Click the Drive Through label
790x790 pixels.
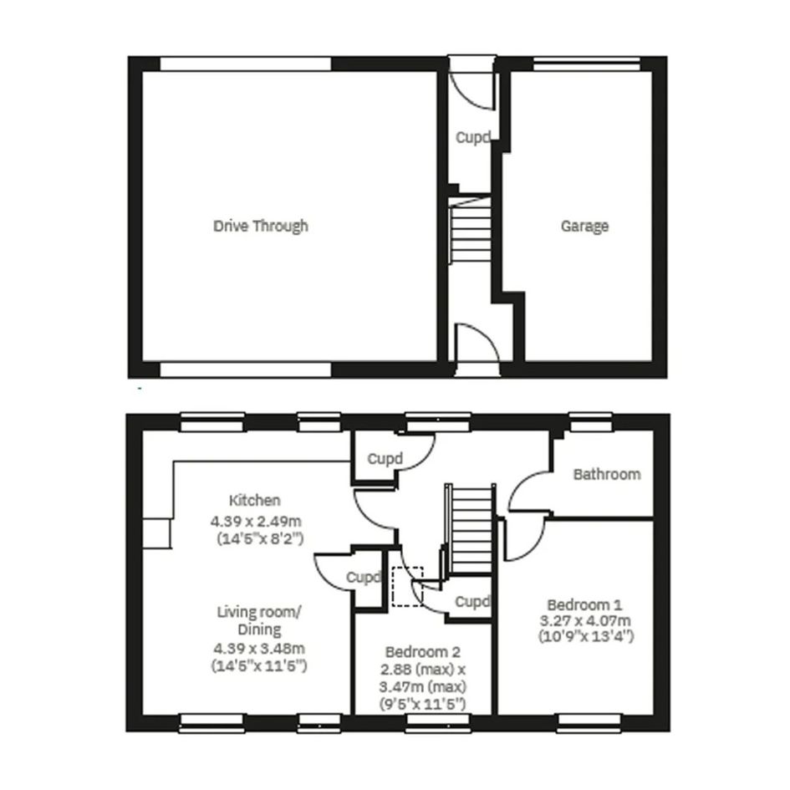click(x=261, y=226)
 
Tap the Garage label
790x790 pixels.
click(x=584, y=227)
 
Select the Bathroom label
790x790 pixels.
click(x=607, y=474)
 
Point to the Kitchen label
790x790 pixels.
click(x=254, y=500)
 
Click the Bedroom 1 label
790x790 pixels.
click(x=584, y=604)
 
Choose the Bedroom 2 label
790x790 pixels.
click(x=423, y=652)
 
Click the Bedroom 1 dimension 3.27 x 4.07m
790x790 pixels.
click(x=585, y=620)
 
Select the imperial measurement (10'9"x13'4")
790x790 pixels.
click(x=586, y=636)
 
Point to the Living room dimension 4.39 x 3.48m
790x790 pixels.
click(x=259, y=648)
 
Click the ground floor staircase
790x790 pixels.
click(x=470, y=229)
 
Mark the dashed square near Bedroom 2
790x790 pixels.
click(x=408, y=587)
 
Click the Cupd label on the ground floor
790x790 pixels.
click(x=473, y=137)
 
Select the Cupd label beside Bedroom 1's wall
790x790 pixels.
click(x=472, y=602)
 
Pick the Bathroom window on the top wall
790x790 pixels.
click(x=591, y=422)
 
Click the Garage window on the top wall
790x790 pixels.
click(x=587, y=64)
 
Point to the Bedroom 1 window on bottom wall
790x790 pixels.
click(x=589, y=722)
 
